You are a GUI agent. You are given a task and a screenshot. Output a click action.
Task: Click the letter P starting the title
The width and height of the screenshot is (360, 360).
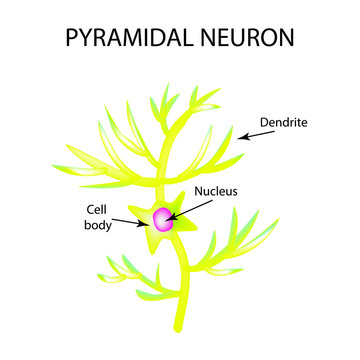(71, 39)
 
